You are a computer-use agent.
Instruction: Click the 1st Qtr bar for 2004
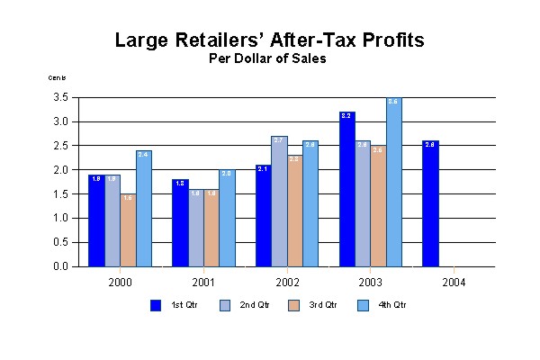(431, 204)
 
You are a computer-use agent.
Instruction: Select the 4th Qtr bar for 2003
(393, 183)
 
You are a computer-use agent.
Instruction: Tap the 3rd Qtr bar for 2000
(129, 230)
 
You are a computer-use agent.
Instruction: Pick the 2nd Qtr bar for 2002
(278, 202)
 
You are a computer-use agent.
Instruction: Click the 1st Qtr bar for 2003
(347, 189)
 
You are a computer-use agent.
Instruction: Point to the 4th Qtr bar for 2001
(226, 219)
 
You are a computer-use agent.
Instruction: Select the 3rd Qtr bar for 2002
(294, 211)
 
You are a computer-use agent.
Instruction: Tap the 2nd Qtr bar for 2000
(112, 220)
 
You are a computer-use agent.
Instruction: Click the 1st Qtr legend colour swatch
(156, 305)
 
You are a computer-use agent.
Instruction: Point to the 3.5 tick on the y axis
(61, 97)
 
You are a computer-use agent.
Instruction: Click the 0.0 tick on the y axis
(61, 266)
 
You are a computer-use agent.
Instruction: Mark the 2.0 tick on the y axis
(61, 170)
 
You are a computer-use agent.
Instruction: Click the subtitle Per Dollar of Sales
(270, 59)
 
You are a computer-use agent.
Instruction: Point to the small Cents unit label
(57, 77)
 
